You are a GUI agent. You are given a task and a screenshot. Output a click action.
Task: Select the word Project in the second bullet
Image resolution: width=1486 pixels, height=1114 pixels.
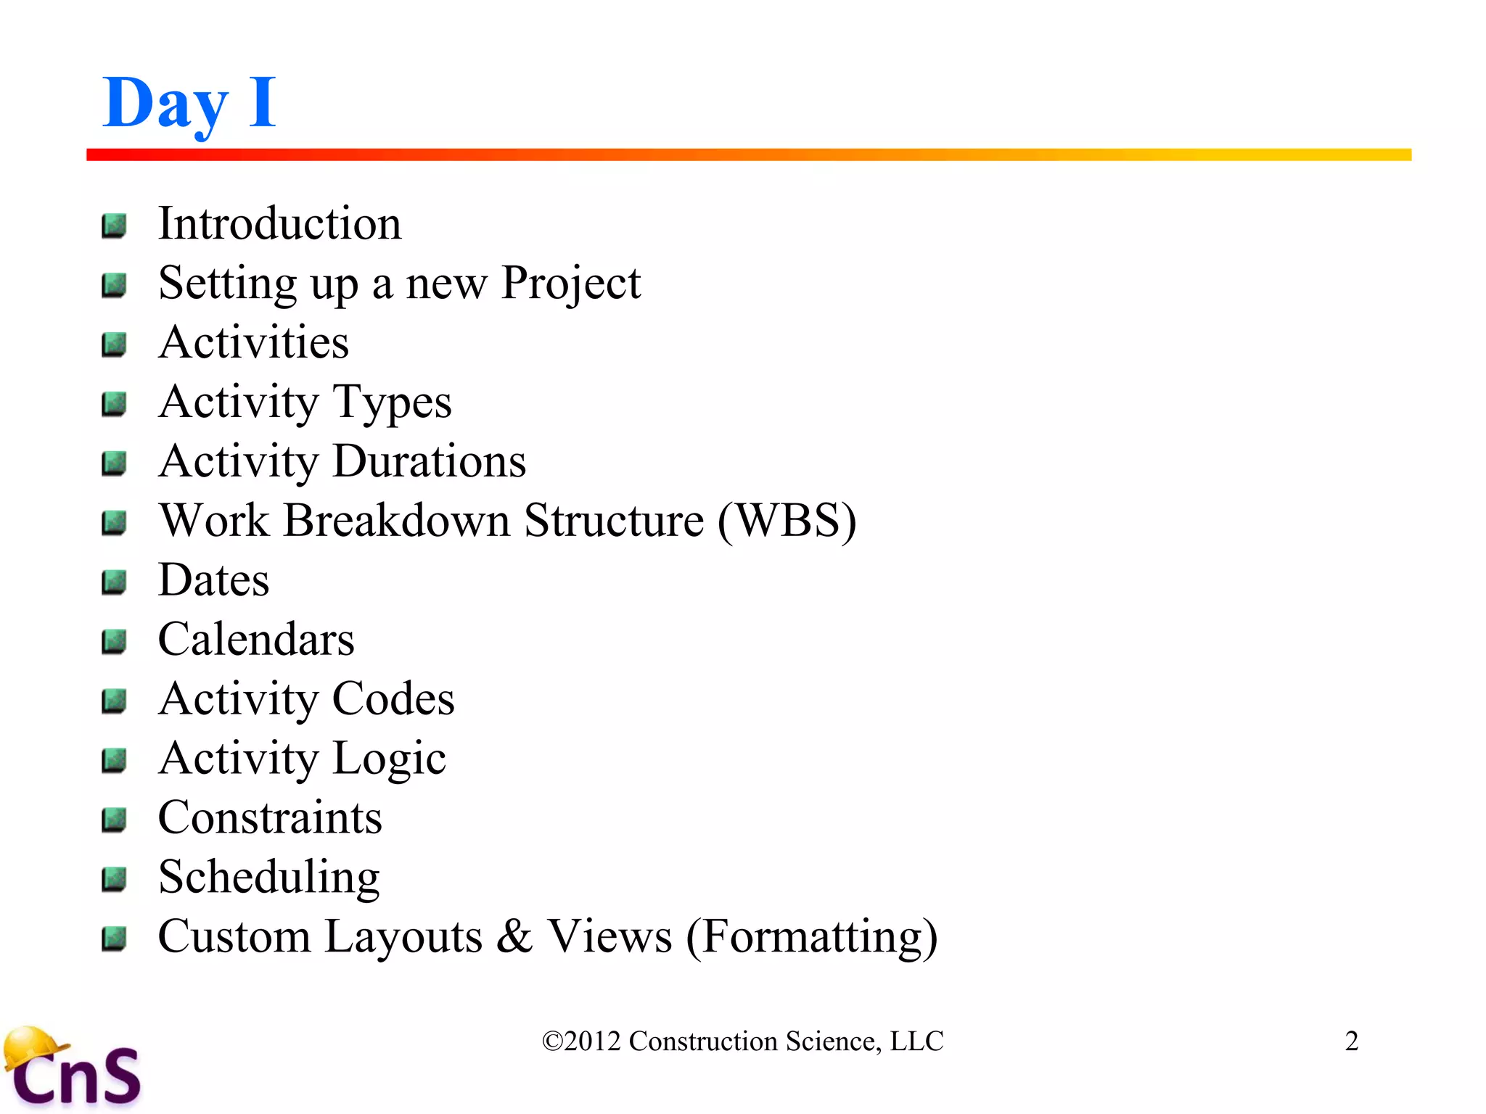(570, 284)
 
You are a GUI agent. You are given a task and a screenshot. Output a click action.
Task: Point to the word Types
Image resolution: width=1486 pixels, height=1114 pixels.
(392, 403)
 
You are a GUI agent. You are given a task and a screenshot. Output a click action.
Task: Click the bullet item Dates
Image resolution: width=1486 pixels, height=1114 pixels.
(213, 580)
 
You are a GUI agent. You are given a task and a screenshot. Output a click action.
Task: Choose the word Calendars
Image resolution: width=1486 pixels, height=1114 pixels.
(256, 640)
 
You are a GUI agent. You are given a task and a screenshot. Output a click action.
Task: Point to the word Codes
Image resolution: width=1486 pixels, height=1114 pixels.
(393, 699)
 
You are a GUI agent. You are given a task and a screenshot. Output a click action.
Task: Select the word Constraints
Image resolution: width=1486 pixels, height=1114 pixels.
(270, 818)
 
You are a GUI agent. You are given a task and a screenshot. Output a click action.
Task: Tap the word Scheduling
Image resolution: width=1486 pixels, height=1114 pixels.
(268, 878)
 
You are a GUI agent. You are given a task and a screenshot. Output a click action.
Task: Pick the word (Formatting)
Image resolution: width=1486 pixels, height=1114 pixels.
(812, 937)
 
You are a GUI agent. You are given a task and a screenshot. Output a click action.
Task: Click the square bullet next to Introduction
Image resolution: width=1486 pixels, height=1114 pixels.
(114, 226)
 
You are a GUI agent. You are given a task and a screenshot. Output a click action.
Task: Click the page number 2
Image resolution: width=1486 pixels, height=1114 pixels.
(1351, 1041)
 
